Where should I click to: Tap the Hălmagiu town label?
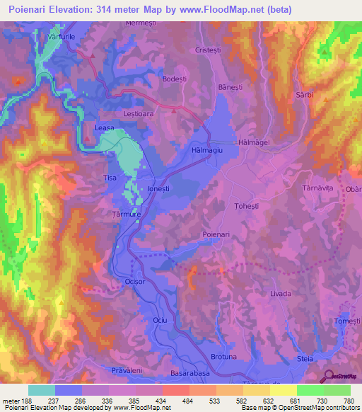(208, 150)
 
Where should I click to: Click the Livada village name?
(281, 292)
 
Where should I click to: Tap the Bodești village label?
(174, 80)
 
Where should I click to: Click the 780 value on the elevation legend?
(349, 401)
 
